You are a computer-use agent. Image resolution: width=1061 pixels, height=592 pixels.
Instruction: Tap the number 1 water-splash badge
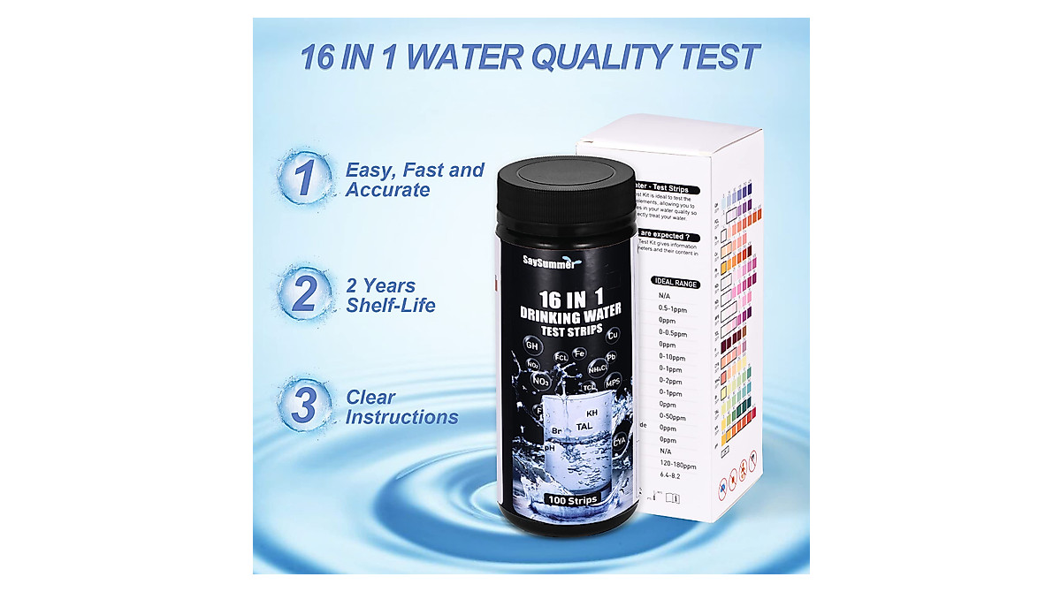(x=303, y=178)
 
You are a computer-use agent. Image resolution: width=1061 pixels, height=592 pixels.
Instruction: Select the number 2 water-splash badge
(x=303, y=293)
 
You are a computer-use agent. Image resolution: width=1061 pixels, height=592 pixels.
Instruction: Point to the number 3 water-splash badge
(x=303, y=406)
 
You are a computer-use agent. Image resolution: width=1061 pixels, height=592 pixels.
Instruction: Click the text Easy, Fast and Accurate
(x=415, y=179)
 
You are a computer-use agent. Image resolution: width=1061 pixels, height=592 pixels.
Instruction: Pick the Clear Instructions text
(x=401, y=407)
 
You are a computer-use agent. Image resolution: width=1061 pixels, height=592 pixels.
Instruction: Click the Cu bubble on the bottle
(x=613, y=334)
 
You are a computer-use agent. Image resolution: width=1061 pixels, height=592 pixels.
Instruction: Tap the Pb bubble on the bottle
(x=611, y=357)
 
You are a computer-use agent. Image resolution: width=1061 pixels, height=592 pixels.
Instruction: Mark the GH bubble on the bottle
(x=532, y=345)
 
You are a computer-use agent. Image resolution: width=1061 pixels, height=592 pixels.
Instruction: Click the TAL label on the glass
(x=584, y=427)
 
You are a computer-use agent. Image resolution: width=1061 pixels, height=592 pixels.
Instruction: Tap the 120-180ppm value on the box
(x=678, y=463)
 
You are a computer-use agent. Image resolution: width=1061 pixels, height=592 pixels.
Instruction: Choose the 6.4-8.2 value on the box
(x=669, y=474)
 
